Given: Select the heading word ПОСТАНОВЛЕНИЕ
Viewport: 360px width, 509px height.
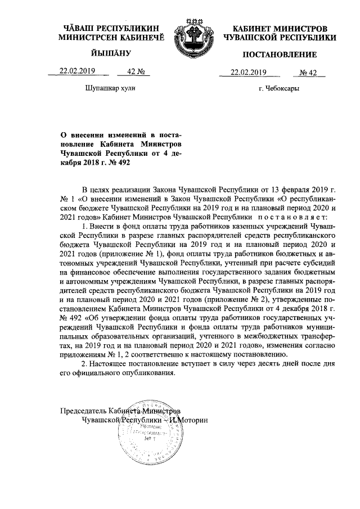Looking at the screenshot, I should click(x=280, y=55).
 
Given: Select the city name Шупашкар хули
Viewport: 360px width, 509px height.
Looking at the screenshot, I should click(x=110, y=88).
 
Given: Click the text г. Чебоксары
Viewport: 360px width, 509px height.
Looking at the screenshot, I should click(x=279, y=89).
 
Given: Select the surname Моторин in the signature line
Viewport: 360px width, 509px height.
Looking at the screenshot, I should click(x=194, y=420).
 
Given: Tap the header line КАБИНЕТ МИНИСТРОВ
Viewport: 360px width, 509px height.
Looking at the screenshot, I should click(x=280, y=28).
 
